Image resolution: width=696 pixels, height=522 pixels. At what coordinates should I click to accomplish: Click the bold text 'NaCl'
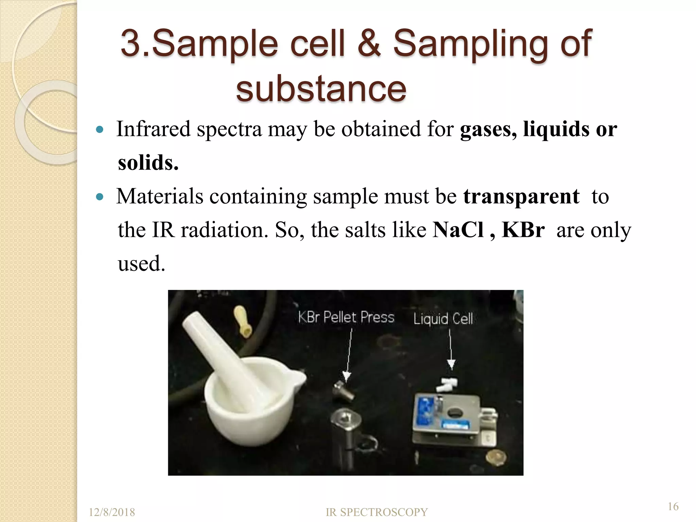[458, 230]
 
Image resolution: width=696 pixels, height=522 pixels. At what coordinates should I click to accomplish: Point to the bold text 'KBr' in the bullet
[523, 230]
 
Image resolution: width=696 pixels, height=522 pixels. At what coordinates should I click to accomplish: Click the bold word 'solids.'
[148, 163]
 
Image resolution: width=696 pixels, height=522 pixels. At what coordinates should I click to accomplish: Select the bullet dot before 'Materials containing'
[99, 197]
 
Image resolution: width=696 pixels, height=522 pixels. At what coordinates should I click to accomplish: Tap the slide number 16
[673, 507]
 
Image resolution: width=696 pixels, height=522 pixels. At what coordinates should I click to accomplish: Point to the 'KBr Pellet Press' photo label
[346, 317]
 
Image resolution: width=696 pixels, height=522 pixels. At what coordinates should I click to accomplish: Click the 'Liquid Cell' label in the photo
[443, 319]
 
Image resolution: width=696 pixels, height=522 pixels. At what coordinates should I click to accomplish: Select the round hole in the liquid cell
[454, 413]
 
